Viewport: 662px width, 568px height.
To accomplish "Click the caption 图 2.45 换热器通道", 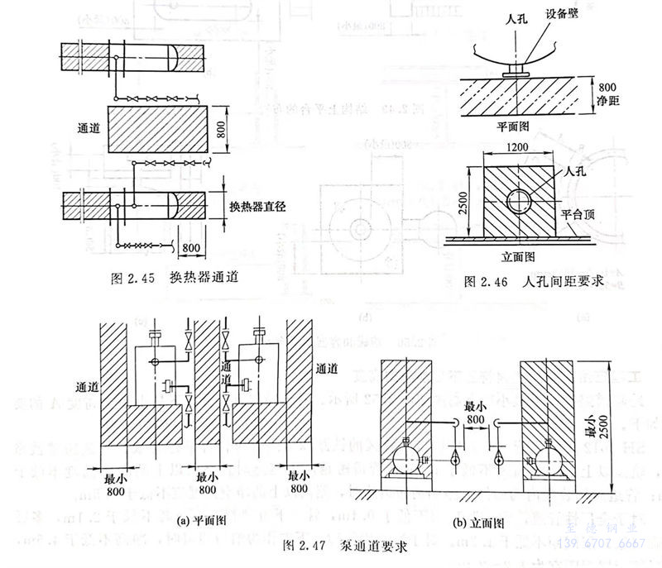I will click(178, 278).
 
